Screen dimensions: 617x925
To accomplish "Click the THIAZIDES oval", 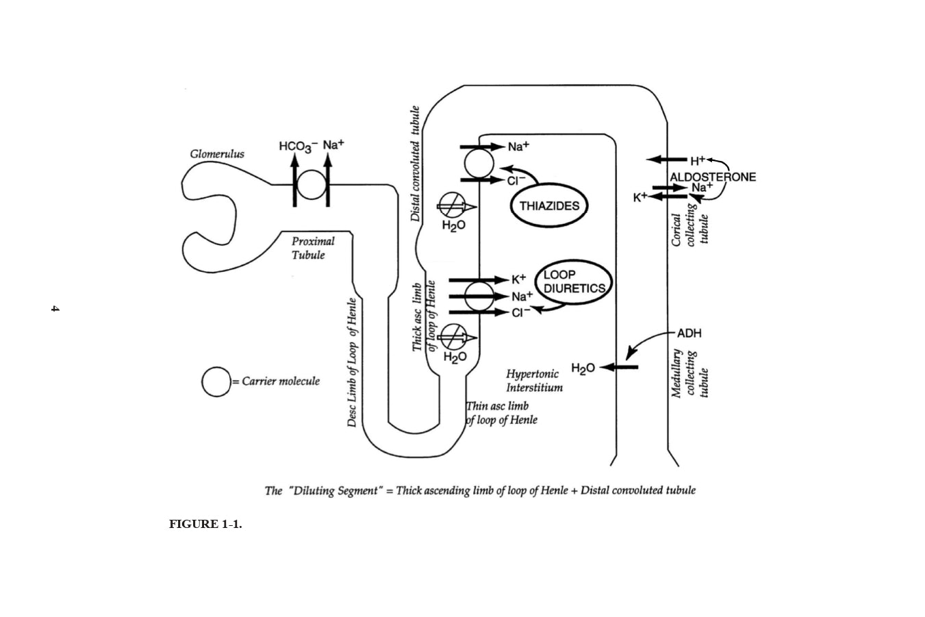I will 549,206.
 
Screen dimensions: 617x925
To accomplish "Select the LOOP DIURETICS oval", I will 574,281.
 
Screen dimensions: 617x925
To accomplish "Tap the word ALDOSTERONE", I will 713,177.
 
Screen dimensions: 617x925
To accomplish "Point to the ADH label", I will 689,333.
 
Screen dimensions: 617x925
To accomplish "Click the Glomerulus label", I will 216,154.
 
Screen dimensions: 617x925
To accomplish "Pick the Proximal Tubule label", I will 312,248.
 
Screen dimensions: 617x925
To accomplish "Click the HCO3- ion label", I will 297,146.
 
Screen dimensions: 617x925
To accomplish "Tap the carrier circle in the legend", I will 216,381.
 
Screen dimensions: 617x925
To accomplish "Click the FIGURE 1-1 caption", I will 205,525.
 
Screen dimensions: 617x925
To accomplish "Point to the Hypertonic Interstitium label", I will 534,381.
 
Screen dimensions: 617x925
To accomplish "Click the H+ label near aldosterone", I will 697,161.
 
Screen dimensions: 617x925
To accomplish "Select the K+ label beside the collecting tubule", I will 639,197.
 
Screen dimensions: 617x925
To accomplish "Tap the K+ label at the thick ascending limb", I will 518,279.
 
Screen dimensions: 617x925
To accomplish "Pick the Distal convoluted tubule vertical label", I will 415,164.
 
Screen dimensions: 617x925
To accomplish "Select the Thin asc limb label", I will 501,413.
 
